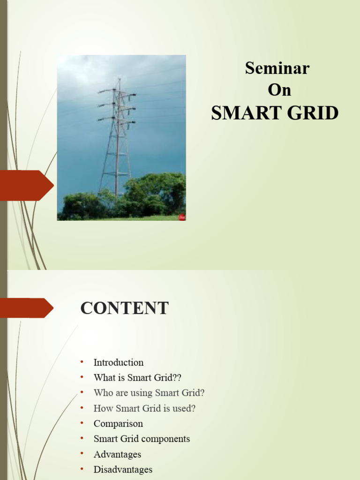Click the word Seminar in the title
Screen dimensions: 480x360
[277, 68]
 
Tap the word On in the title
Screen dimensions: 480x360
[279, 90]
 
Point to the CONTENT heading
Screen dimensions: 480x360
[124, 308]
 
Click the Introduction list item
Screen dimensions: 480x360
[119, 362]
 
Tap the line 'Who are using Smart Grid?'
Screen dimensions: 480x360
[149, 393]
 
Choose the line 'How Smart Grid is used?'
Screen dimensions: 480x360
[144, 408]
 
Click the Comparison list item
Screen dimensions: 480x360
[118, 424]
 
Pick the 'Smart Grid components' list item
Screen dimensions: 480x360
[142, 439]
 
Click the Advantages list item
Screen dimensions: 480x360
[117, 454]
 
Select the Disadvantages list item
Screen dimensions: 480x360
[123, 469]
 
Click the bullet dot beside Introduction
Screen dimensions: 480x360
[82, 362]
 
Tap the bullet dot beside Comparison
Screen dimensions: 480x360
[82, 423]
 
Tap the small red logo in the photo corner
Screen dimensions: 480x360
[182, 217]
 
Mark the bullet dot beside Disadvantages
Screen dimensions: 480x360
[82, 469]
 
